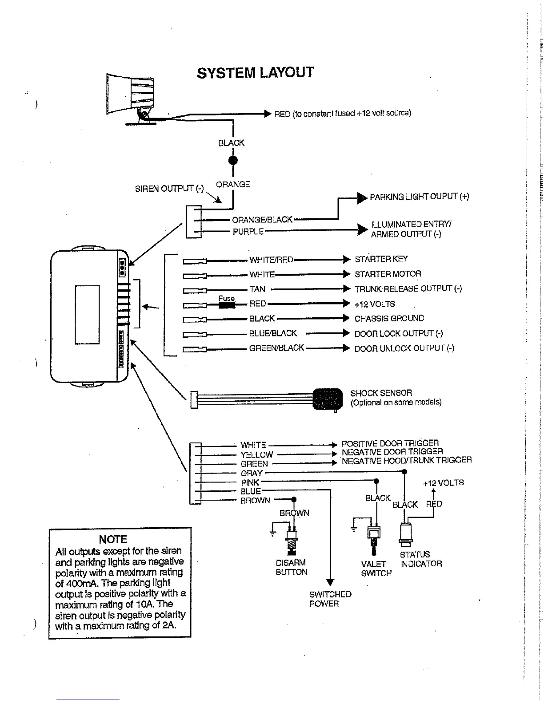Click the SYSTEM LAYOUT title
tap(255, 72)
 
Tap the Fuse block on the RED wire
tap(227, 304)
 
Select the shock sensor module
tap(328, 399)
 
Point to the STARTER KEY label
tap(381, 259)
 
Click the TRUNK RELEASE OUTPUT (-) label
tap(408, 289)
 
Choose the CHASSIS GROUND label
tap(389, 319)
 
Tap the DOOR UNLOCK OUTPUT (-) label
tap(404, 348)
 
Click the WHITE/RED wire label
tap(271, 260)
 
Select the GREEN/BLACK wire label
tap(276, 348)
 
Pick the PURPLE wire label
tap(248, 232)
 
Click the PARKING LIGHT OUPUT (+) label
tap(419, 197)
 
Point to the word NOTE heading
tap(113, 539)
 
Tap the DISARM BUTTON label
tap(291, 568)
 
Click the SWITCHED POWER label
tap(330, 599)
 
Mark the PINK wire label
tap(250, 482)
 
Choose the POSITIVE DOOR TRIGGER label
tap(390, 443)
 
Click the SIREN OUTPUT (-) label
tap(169, 189)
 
